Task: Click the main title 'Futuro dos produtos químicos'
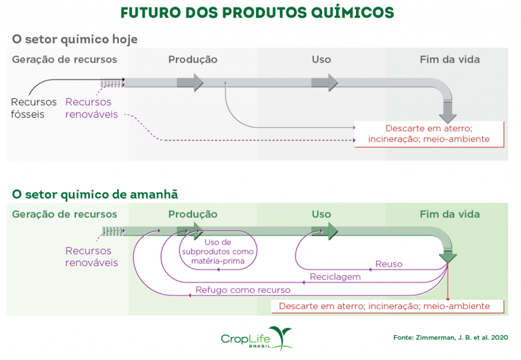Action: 257,13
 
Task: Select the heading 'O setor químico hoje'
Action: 75,39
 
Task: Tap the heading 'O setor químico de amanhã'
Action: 95,194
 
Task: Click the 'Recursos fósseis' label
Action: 34,108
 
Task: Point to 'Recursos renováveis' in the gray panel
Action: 92,108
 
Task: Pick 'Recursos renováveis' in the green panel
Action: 92,256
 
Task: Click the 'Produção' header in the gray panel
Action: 193,59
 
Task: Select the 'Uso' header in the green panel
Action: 322,214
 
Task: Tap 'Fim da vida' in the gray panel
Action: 450,59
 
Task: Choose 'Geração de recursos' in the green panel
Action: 65,215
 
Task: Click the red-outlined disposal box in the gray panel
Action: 429,134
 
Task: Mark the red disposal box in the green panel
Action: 387,306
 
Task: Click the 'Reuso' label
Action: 389,264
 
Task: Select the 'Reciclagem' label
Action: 335,277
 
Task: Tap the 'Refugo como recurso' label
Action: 243,290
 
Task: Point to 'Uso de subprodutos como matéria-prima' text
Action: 218,251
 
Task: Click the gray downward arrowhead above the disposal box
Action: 448,117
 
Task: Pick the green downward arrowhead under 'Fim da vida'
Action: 448,258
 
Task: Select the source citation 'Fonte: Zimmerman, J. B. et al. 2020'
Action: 451,338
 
